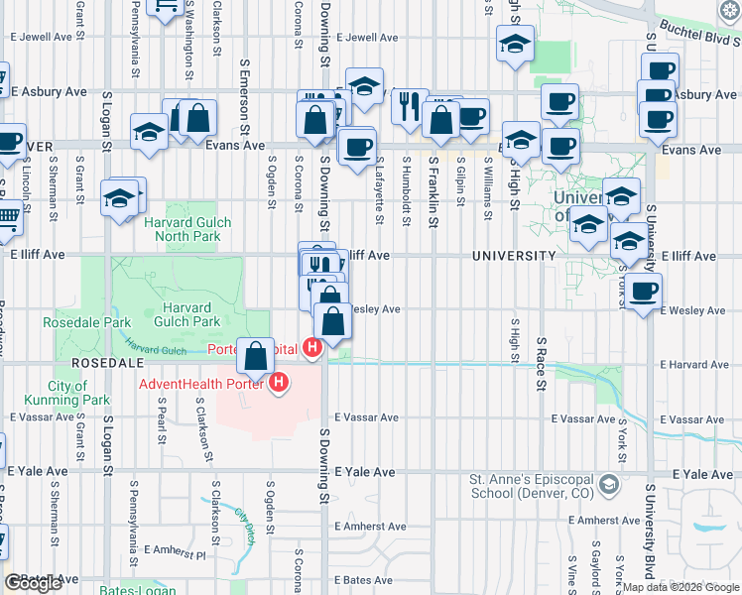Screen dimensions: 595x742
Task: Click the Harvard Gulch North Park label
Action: coord(187,230)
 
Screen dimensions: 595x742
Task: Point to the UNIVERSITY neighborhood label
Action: coord(514,256)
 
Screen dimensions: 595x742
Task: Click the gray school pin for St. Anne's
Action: coord(607,485)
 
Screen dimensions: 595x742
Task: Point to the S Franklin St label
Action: coord(433,189)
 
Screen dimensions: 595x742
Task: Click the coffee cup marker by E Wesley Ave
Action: coord(644,291)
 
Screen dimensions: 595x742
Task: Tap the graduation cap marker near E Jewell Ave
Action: coord(515,47)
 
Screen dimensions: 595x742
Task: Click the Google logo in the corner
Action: coord(33,583)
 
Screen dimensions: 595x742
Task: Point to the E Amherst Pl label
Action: coord(174,549)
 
